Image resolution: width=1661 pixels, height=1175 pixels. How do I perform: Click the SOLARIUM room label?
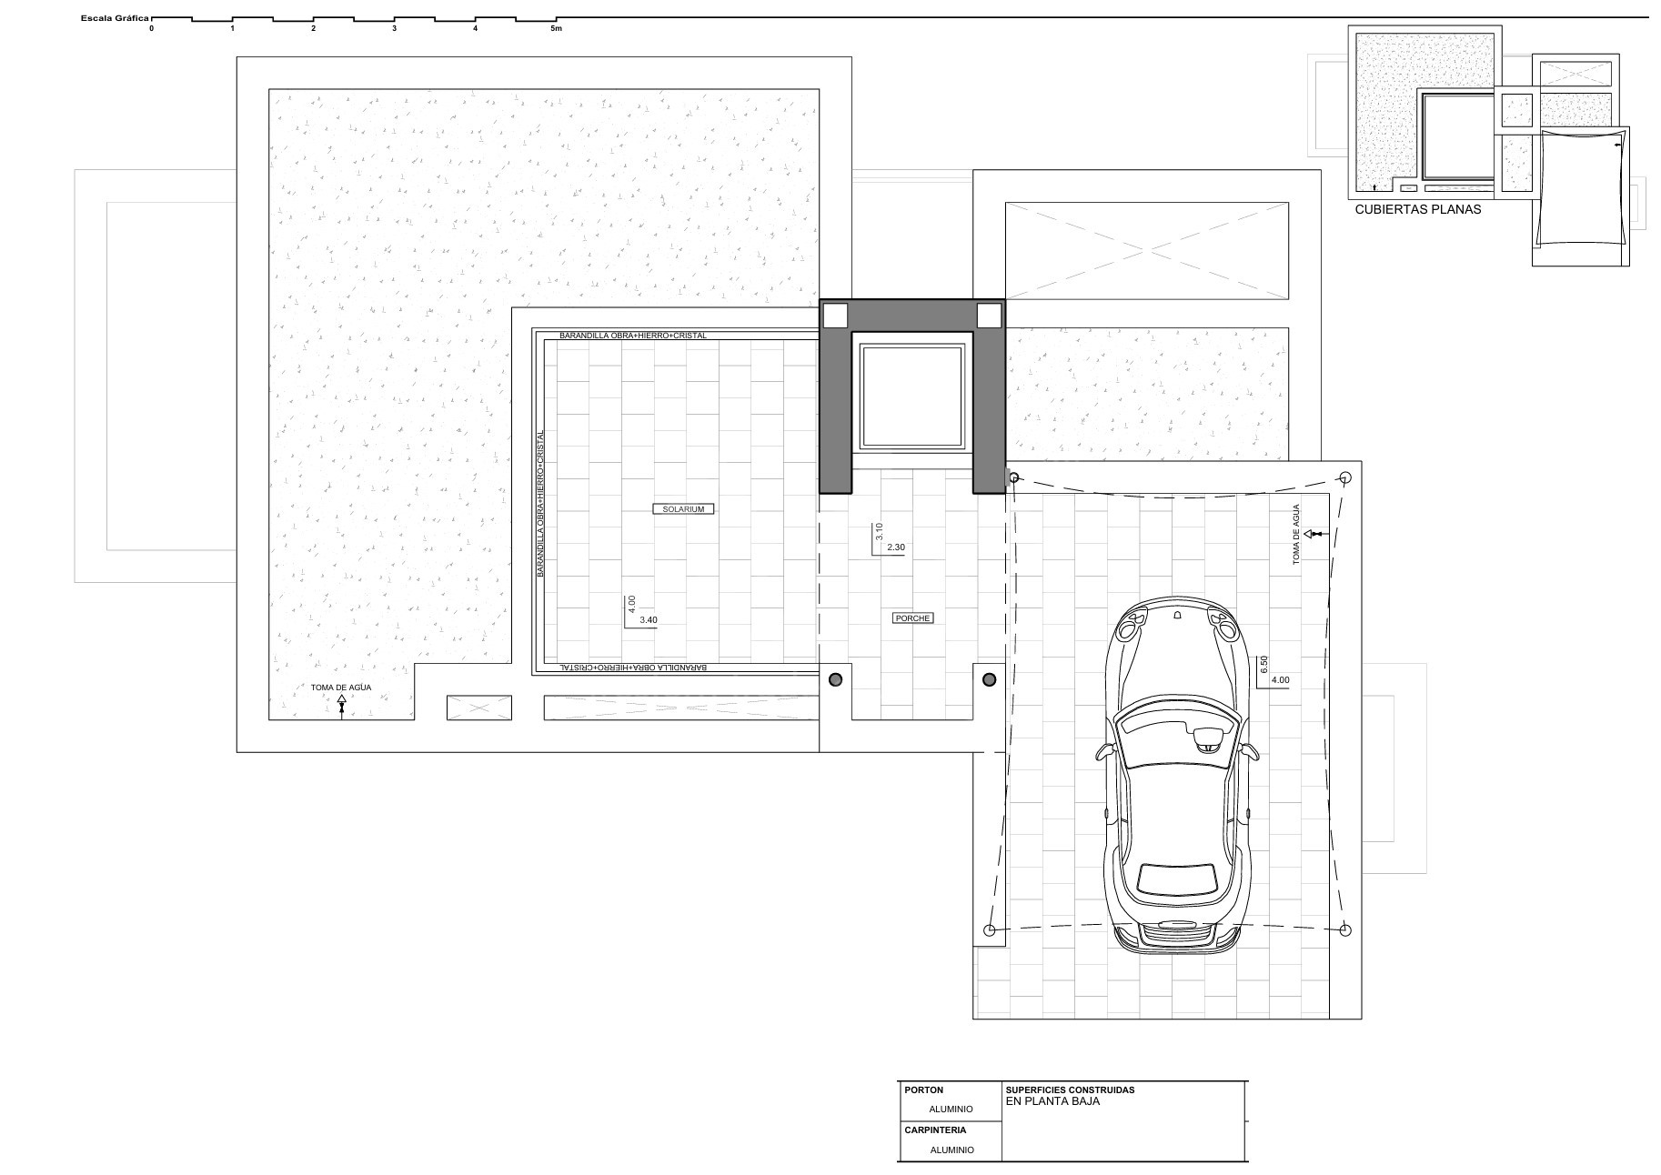coord(683,509)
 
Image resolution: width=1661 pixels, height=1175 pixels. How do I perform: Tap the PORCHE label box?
coord(912,618)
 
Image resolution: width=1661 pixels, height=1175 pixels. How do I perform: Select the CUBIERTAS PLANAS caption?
coord(1417,209)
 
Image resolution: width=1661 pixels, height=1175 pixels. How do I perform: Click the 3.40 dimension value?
coord(649,620)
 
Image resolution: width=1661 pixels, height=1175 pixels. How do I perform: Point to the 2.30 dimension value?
coord(896,547)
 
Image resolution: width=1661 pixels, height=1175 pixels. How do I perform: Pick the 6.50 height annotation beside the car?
coord(1263,664)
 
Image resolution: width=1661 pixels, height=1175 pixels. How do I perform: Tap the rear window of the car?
coord(1177,877)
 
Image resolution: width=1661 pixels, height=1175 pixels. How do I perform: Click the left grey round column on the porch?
coord(835,679)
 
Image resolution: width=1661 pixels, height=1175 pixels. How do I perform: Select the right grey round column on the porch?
coord(990,679)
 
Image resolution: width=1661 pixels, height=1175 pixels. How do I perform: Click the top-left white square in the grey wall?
coord(835,316)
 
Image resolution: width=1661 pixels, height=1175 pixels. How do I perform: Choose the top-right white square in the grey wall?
coord(989,316)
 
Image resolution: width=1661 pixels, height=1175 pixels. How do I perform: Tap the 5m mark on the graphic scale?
coord(557,29)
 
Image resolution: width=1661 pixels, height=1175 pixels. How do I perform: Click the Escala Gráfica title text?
coord(115,18)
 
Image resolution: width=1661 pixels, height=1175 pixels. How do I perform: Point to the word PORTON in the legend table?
coord(924,1090)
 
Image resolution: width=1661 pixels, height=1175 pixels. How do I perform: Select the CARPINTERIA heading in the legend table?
coord(935,1130)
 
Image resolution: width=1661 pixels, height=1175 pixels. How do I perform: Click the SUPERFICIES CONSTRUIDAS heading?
coord(1070,1090)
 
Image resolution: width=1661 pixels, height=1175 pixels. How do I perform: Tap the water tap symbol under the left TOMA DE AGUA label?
coord(341,706)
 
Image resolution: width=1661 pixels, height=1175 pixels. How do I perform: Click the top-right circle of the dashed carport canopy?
coord(1346,477)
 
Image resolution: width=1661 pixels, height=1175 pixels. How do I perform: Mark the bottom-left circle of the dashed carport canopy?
coord(991,930)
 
